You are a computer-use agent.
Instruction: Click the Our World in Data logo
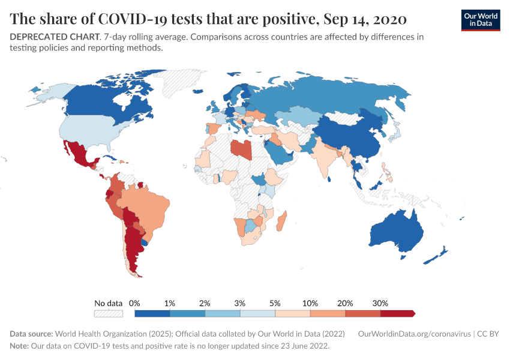(x=481, y=20)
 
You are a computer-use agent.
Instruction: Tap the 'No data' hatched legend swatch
(x=108, y=313)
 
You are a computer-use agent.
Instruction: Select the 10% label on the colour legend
(x=310, y=303)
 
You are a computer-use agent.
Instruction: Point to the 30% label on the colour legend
(x=380, y=303)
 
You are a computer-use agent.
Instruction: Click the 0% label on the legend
(x=134, y=303)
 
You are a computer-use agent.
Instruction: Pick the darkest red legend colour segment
(x=397, y=313)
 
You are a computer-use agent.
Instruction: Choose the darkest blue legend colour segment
(x=152, y=313)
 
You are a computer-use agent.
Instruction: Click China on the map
(x=348, y=135)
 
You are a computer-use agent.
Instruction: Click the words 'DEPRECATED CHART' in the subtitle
(x=54, y=37)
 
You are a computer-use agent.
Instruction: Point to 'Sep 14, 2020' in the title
(x=365, y=19)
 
